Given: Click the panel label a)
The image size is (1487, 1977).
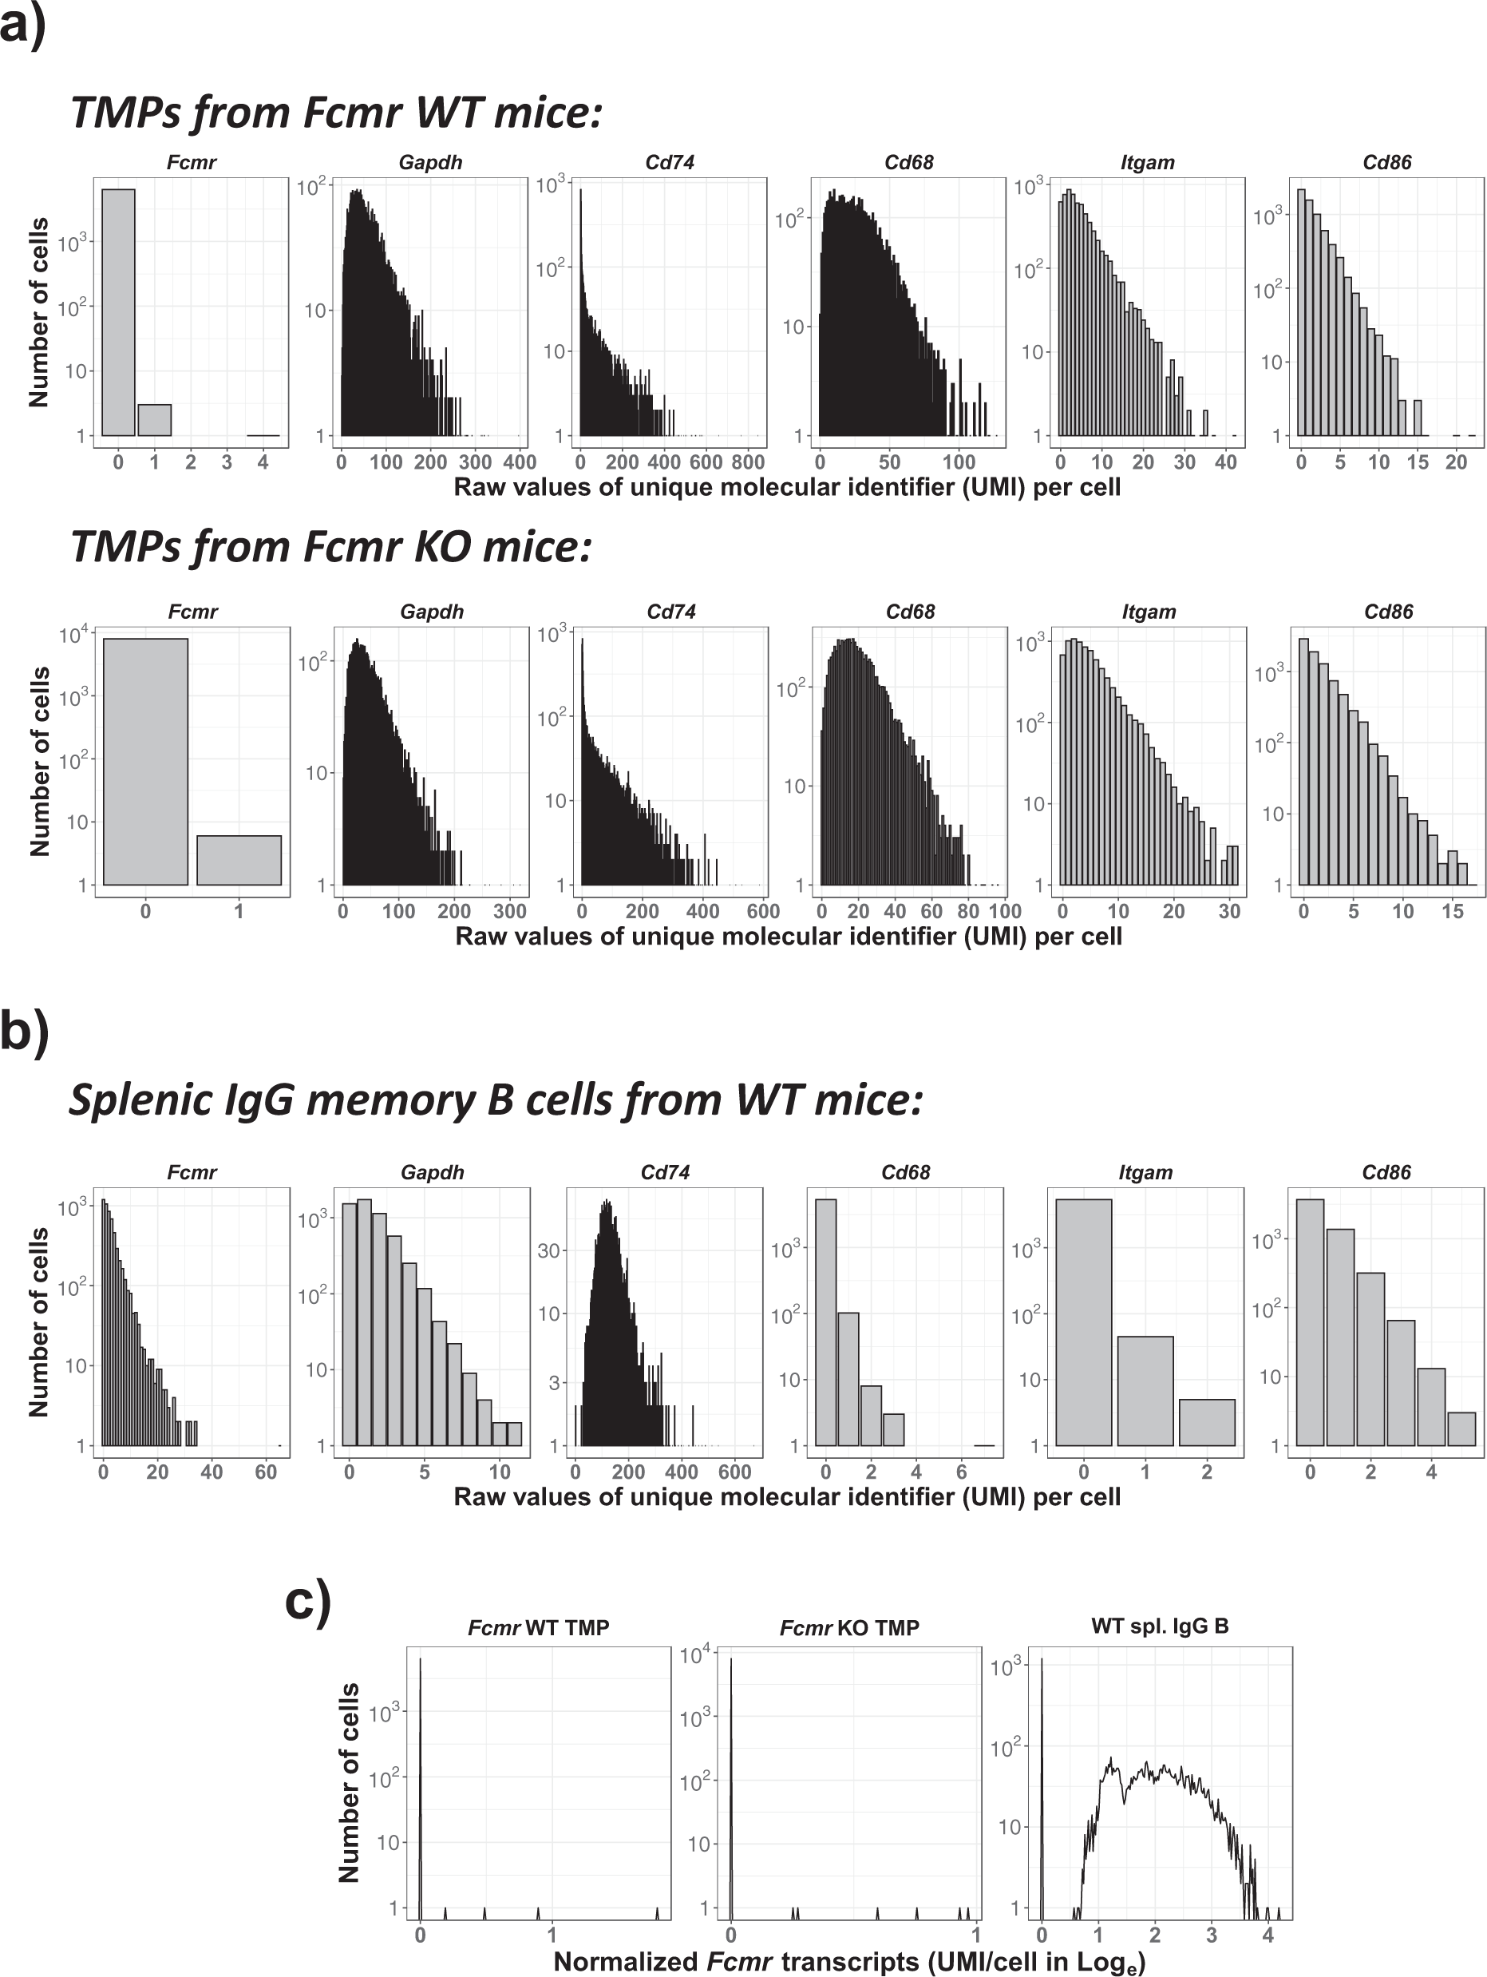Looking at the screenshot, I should [22, 24].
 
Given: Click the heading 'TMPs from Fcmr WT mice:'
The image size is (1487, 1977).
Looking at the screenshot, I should [336, 113].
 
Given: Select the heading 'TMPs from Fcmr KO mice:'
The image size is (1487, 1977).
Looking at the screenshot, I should [331, 545].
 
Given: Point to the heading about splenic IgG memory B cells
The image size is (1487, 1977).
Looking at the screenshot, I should [495, 1099].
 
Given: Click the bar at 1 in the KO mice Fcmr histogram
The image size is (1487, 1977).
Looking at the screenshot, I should [239, 860].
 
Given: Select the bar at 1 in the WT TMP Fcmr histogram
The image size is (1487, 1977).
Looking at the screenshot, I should [154, 420].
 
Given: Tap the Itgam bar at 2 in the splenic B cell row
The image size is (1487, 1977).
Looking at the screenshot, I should [1206, 1422].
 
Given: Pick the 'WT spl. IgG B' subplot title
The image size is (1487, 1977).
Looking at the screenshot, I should [1159, 1626].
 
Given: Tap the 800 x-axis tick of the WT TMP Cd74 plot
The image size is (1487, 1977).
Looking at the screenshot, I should [748, 462].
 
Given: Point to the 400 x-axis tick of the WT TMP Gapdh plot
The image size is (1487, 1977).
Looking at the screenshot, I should [519, 462].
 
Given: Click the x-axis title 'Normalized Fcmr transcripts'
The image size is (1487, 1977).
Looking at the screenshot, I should [849, 1961].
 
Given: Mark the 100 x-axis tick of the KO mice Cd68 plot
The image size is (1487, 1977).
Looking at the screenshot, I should [1004, 911].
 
